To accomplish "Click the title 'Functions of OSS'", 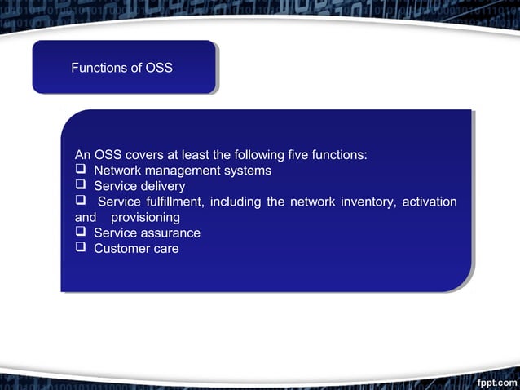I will click(x=121, y=68).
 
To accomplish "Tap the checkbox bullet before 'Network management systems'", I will click(x=81, y=170).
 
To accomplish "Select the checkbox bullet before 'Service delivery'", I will click(x=81, y=185).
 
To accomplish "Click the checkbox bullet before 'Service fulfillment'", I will click(x=81, y=202).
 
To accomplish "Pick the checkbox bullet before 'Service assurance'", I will click(x=81, y=233).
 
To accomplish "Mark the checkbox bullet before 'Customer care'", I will click(x=81, y=248).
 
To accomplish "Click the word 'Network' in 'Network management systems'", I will click(x=117, y=171).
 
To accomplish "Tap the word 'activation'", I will click(x=428, y=202).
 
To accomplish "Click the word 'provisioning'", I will click(x=145, y=218).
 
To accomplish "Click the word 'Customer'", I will click(x=121, y=249).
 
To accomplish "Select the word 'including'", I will click(x=236, y=202).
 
